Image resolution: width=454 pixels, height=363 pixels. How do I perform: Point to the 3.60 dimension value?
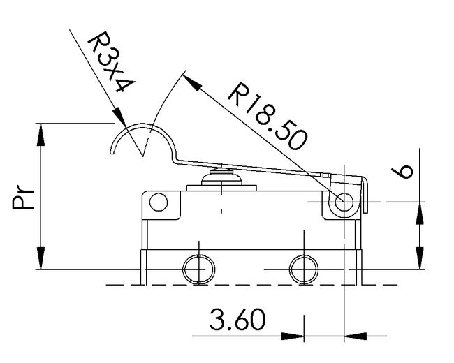(x=237, y=322)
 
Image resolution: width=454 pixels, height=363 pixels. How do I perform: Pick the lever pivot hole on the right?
(x=343, y=202)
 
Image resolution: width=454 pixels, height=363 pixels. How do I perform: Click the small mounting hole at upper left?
(x=159, y=203)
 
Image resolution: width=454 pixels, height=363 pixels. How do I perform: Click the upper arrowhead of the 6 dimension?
(x=420, y=195)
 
